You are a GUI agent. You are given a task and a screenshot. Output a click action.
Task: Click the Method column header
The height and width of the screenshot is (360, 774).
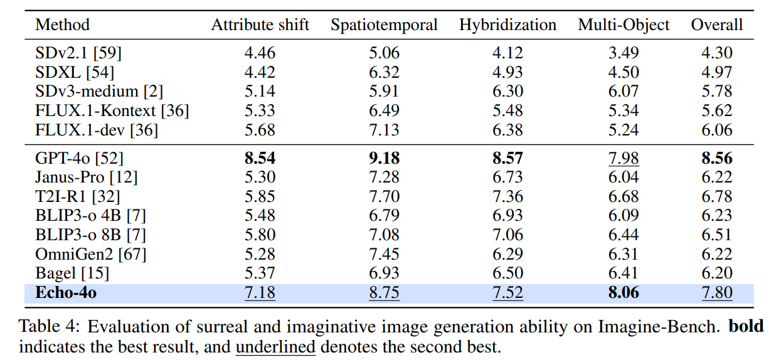click(62, 25)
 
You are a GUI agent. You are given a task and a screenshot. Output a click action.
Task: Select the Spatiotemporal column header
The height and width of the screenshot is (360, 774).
click(384, 25)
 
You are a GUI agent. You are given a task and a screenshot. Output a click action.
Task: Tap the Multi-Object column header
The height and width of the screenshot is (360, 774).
click(623, 25)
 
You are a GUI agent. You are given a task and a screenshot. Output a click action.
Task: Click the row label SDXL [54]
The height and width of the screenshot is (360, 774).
click(75, 72)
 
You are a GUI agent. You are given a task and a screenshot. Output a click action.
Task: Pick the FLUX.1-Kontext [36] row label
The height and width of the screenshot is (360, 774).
click(112, 111)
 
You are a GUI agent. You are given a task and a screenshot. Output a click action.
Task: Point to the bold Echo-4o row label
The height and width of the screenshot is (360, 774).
click(66, 293)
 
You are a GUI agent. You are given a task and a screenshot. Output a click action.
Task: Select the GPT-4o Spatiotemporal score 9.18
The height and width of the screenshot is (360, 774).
click(384, 157)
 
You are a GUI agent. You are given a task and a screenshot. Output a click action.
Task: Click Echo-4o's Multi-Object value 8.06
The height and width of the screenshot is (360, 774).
click(623, 293)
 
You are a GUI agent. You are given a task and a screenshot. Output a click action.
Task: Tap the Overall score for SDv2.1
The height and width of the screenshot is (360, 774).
click(716, 53)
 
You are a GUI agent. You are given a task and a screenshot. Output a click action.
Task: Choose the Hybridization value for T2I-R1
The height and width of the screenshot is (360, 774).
click(507, 196)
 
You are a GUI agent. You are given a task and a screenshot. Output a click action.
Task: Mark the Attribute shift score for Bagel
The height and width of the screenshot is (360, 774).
click(260, 273)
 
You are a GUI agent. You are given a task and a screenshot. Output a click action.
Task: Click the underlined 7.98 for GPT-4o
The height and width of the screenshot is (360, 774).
click(623, 157)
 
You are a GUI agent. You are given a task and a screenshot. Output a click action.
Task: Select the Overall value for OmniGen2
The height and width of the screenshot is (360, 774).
click(716, 254)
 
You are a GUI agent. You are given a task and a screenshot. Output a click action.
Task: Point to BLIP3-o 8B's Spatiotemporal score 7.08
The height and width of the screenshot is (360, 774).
click(384, 235)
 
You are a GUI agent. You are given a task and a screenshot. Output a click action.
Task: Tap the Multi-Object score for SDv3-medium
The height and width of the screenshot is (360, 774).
click(623, 92)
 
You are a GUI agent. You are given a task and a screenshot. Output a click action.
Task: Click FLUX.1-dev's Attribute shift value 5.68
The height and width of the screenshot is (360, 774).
click(260, 130)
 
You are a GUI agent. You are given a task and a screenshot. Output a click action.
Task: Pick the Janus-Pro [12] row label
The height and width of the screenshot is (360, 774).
click(87, 177)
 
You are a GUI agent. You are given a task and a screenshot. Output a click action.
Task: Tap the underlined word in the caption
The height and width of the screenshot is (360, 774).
click(275, 346)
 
